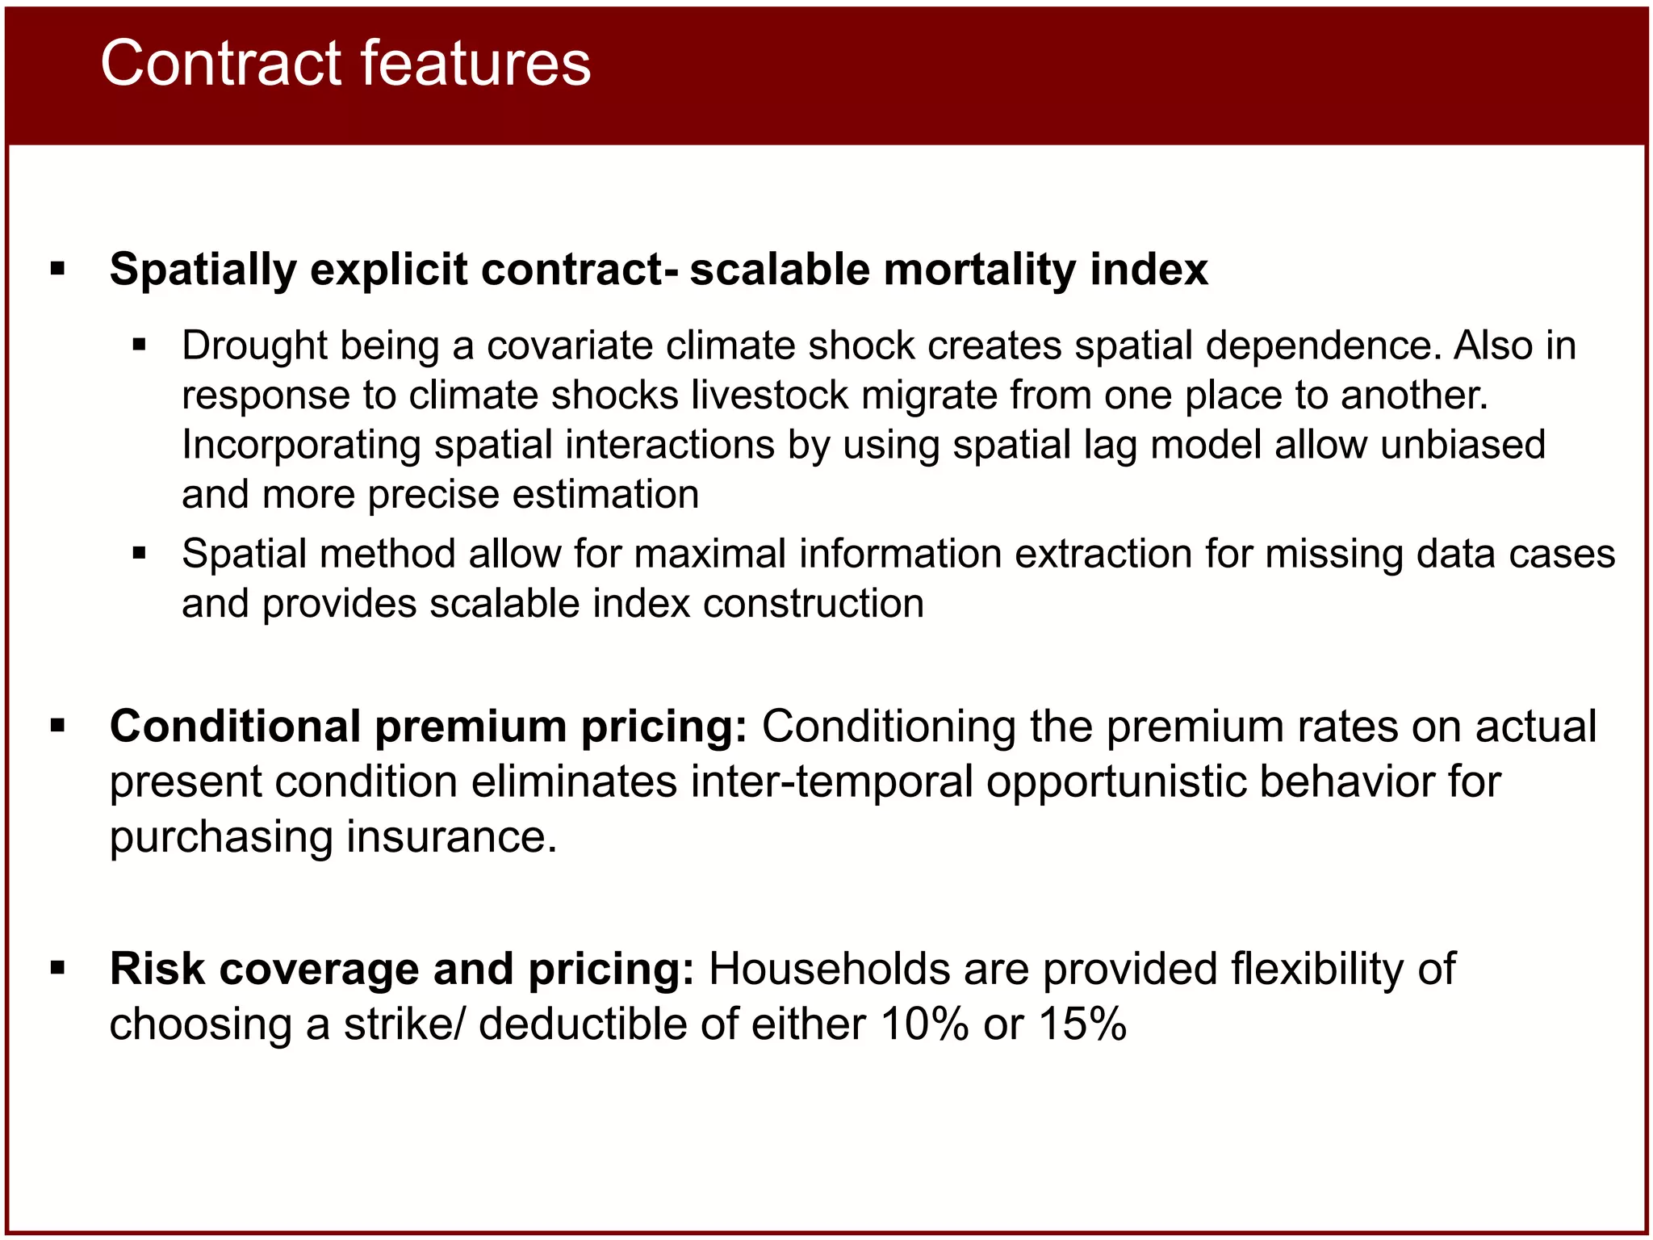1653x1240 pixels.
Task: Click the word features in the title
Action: pyautogui.click(x=475, y=64)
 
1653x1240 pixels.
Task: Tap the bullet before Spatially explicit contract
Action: pyautogui.click(x=57, y=269)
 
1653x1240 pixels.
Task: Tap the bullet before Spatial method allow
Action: pyautogui.click(x=140, y=554)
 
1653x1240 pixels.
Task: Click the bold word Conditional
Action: pyautogui.click(x=235, y=727)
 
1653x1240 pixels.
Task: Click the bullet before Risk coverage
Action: pyautogui.click(x=57, y=968)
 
